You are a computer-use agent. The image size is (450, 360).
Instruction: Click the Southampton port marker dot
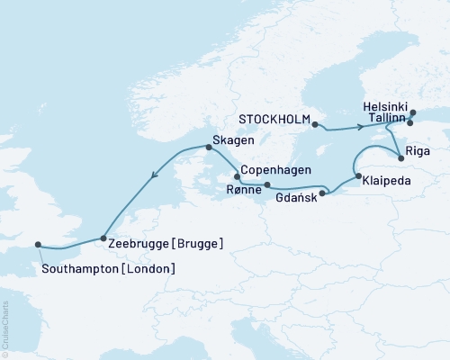(x=38, y=244)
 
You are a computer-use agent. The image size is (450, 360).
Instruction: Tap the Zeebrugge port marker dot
(x=104, y=238)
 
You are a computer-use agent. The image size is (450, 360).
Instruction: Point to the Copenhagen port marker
(x=237, y=177)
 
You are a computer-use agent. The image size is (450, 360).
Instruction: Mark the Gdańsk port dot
(x=323, y=191)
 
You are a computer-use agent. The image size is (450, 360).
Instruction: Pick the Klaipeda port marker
(x=357, y=176)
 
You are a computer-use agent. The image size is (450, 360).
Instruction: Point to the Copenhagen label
(x=274, y=170)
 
